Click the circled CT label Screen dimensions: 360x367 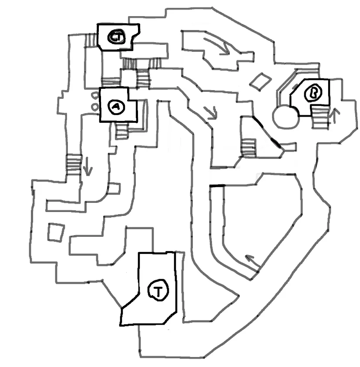click(116, 37)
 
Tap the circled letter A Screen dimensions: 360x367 click(116, 107)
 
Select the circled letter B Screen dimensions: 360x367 click(313, 93)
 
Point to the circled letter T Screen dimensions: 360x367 click(158, 290)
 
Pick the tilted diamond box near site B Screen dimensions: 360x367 click(260, 81)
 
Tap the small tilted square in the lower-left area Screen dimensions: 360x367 click(56, 232)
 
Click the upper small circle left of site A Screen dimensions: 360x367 click(95, 95)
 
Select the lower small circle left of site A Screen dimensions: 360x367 click(95, 107)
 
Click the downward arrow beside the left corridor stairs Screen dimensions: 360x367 click(87, 166)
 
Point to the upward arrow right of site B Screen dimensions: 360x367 click(335, 115)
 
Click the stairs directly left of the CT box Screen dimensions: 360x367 click(91, 40)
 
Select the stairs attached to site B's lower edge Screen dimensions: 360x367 click(320, 117)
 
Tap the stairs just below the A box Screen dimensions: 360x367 click(122, 131)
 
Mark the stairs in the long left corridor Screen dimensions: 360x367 click(74, 165)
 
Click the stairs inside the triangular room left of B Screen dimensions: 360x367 click(249, 148)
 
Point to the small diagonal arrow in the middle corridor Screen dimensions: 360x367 click(211, 113)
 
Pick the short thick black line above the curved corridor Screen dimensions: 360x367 click(217, 186)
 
